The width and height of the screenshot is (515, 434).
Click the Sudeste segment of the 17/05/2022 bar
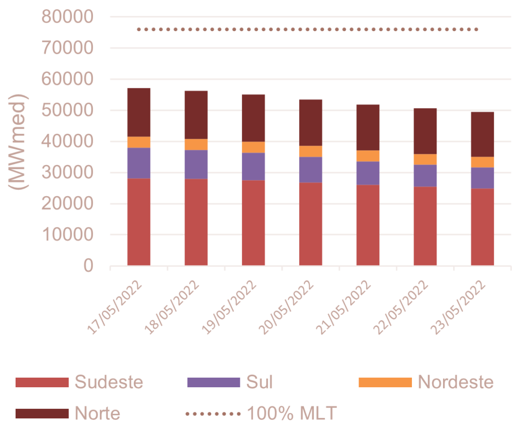pyautogui.click(x=139, y=221)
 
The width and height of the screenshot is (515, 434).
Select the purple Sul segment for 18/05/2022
pyautogui.click(x=196, y=164)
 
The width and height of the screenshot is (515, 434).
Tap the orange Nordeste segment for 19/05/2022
pyautogui.click(x=253, y=147)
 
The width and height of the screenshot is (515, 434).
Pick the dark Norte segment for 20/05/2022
pyautogui.click(x=311, y=122)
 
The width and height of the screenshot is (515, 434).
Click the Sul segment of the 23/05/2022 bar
pyautogui.click(x=482, y=178)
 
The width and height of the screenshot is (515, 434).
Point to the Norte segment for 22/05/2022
pyautogui.click(x=425, y=131)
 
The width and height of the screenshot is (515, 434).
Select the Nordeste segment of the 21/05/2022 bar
pyautogui.click(x=368, y=155)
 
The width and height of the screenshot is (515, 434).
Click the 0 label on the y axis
pyautogui.click(x=88, y=266)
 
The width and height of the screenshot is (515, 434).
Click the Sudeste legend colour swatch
pyautogui.click(x=41, y=382)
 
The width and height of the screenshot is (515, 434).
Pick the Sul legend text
pyautogui.click(x=260, y=382)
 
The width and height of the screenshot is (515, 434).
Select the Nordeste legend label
pyautogui.click(x=456, y=382)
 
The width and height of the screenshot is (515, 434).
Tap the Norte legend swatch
pyautogui.click(x=41, y=413)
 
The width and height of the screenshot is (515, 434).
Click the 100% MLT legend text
pyautogui.click(x=291, y=413)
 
